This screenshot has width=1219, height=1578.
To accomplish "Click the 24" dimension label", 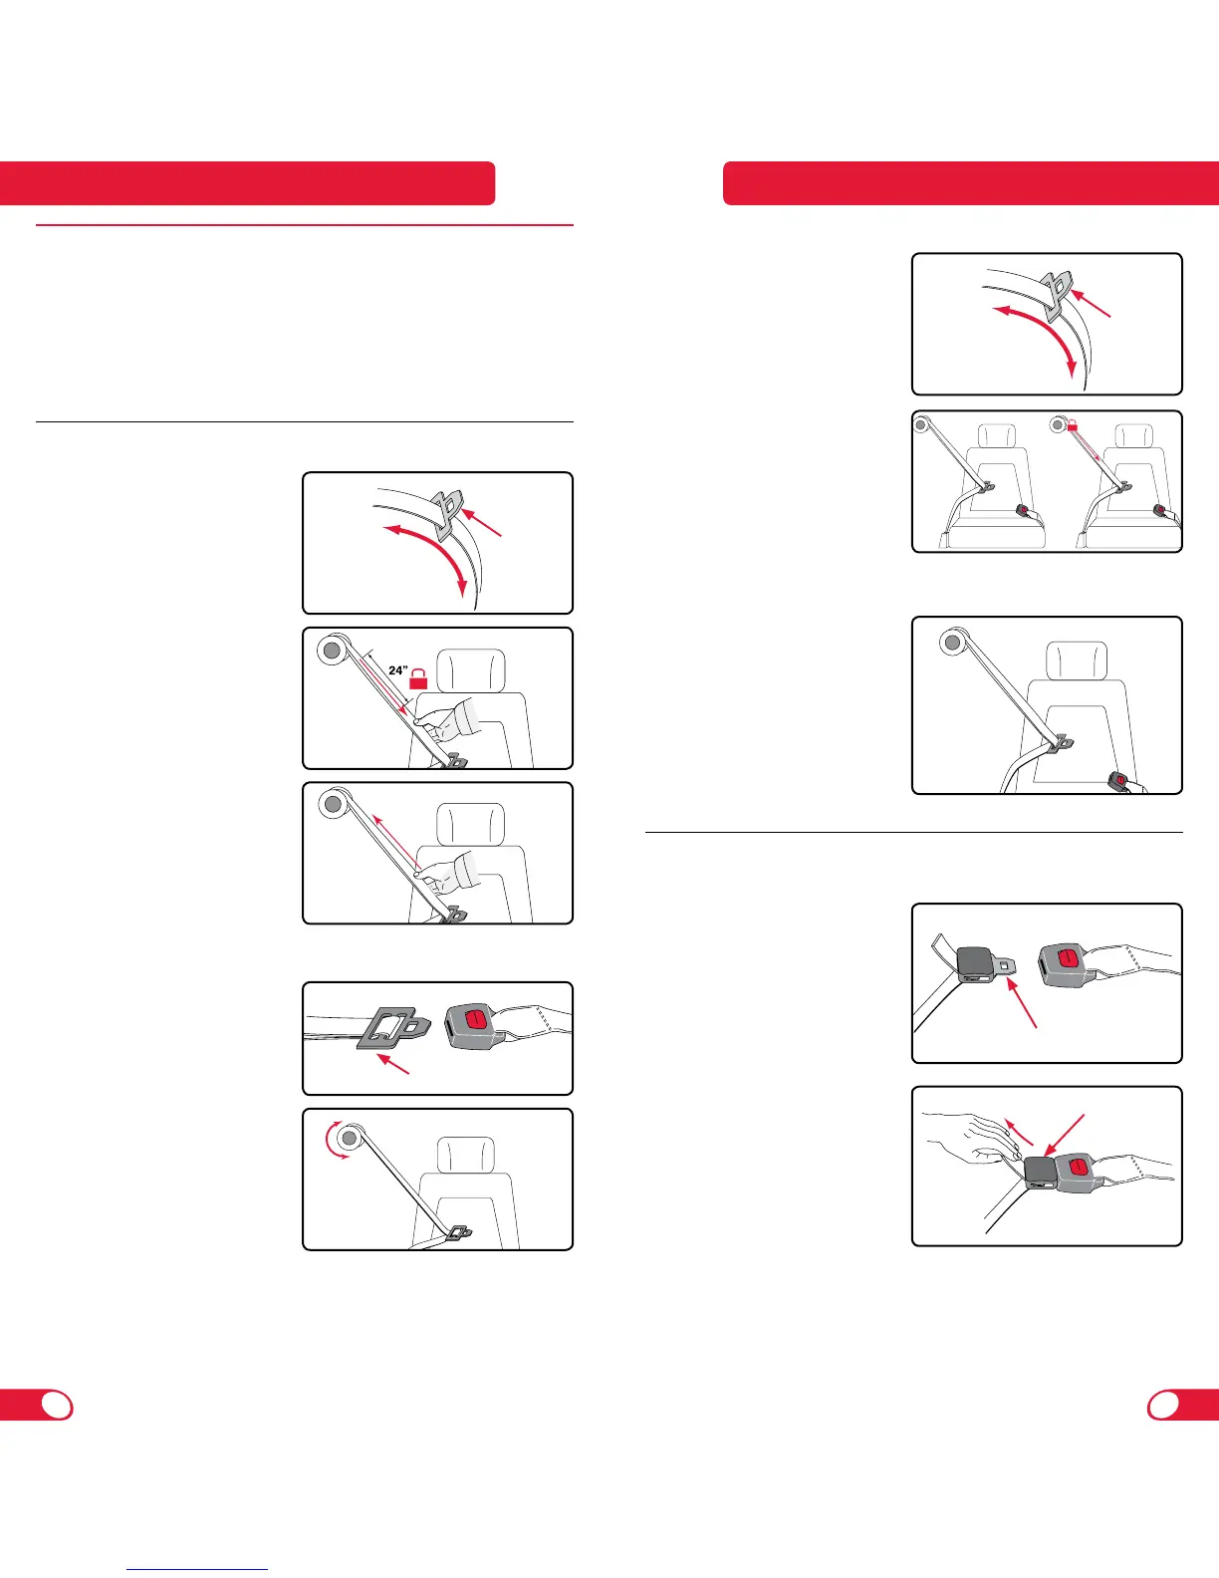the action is (x=397, y=670).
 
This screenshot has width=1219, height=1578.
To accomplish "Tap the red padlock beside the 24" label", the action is (x=419, y=679).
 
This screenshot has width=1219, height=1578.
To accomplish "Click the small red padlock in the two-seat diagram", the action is (x=1073, y=424).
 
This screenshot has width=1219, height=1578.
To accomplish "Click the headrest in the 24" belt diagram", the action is (x=470, y=670).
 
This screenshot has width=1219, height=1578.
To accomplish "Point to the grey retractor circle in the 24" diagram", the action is (x=331, y=650).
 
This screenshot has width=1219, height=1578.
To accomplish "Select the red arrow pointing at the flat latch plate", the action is (x=392, y=1065).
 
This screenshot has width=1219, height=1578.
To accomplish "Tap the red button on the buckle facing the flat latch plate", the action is (x=474, y=1019).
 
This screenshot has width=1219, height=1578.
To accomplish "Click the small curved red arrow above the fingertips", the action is (x=1018, y=1131).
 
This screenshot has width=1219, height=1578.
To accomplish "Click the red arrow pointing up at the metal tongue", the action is (x=1022, y=1002).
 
